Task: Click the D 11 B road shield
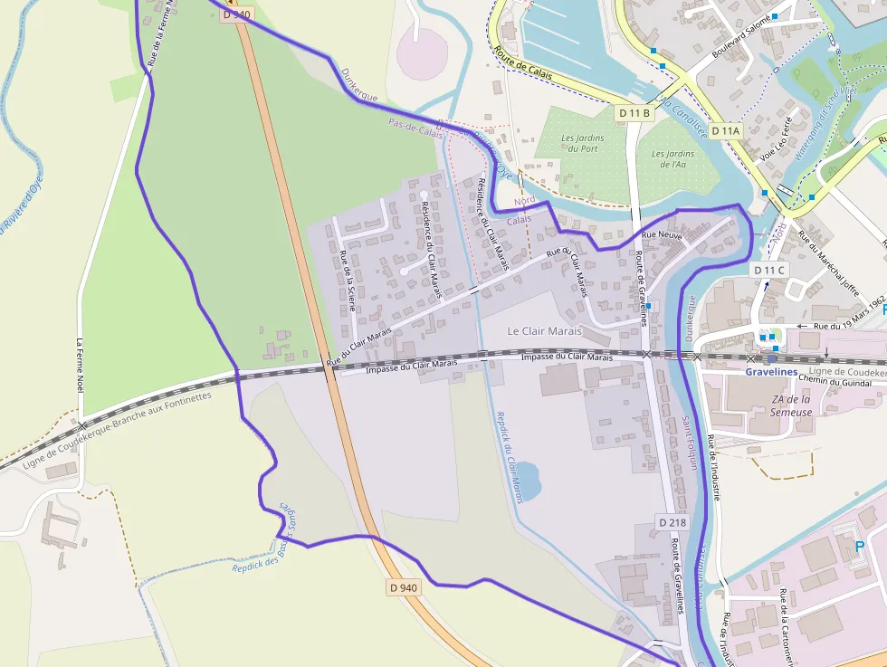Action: click(x=634, y=113)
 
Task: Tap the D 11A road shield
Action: click(x=725, y=131)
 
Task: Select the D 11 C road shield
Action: click(x=769, y=270)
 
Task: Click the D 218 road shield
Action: click(x=672, y=522)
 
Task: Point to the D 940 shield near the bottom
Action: click(x=404, y=587)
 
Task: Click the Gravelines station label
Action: click(x=771, y=372)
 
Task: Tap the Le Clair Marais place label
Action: click(x=544, y=331)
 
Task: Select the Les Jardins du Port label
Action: click(x=583, y=143)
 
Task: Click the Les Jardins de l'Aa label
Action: click(x=672, y=159)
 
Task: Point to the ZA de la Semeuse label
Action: click(x=790, y=405)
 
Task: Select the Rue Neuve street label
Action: click(x=661, y=235)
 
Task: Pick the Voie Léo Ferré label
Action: click(x=780, y=138)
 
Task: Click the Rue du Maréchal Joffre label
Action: click(x=827, y=263)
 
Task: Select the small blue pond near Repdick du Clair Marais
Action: click(x=529, y=475)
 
